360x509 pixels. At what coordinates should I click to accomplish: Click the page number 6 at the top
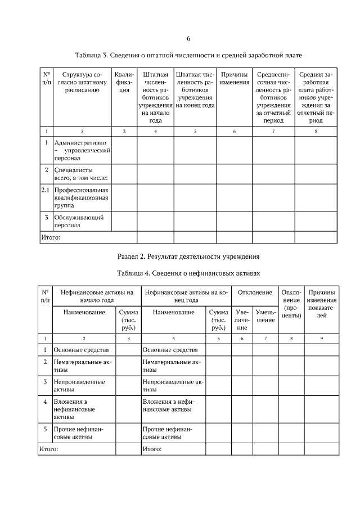188,39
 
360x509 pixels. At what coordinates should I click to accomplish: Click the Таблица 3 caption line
188,56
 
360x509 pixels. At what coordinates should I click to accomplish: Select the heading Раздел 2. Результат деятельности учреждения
188,256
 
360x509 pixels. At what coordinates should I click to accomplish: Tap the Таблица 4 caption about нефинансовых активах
188,273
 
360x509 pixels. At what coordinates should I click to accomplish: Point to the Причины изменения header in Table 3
234,78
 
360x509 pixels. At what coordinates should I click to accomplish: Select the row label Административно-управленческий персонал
80,151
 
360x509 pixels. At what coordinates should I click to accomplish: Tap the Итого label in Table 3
50,237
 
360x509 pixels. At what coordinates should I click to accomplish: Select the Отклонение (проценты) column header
291,304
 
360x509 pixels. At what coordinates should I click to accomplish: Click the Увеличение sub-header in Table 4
242,319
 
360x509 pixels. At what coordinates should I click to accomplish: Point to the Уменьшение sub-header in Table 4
265,315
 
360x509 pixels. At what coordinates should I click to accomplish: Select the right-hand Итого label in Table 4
152,449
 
